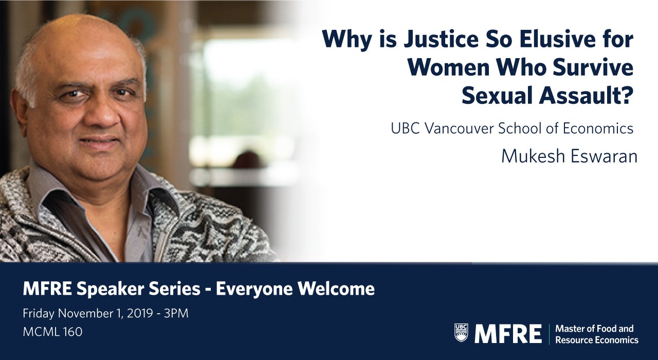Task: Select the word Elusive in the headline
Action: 564,40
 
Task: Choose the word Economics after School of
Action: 598,129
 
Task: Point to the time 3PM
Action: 176,314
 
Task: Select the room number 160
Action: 72,332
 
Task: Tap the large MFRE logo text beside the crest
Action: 508,334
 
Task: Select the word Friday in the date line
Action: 39,314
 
